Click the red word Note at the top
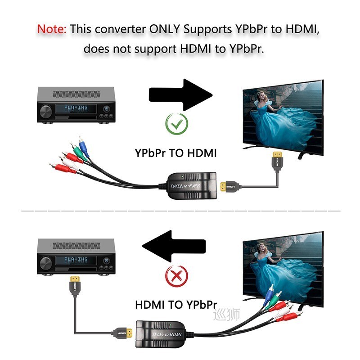[x=52, y=29]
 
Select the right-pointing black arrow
[x=180, y=95]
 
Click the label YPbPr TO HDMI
[x=176, y=153]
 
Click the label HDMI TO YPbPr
[x=176, y=305]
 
